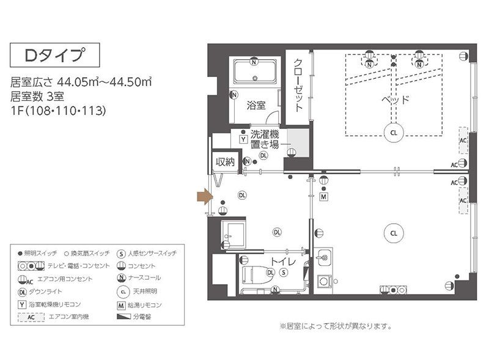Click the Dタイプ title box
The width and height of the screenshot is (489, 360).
pos(54,56)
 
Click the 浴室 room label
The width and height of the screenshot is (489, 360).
pos(256,106)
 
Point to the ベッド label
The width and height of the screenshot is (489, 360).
pos(395,100)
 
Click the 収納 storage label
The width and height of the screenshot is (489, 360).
pos(224,162)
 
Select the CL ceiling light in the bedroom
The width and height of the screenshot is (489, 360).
pos(394,131)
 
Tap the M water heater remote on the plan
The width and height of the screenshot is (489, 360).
pos(323,196)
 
